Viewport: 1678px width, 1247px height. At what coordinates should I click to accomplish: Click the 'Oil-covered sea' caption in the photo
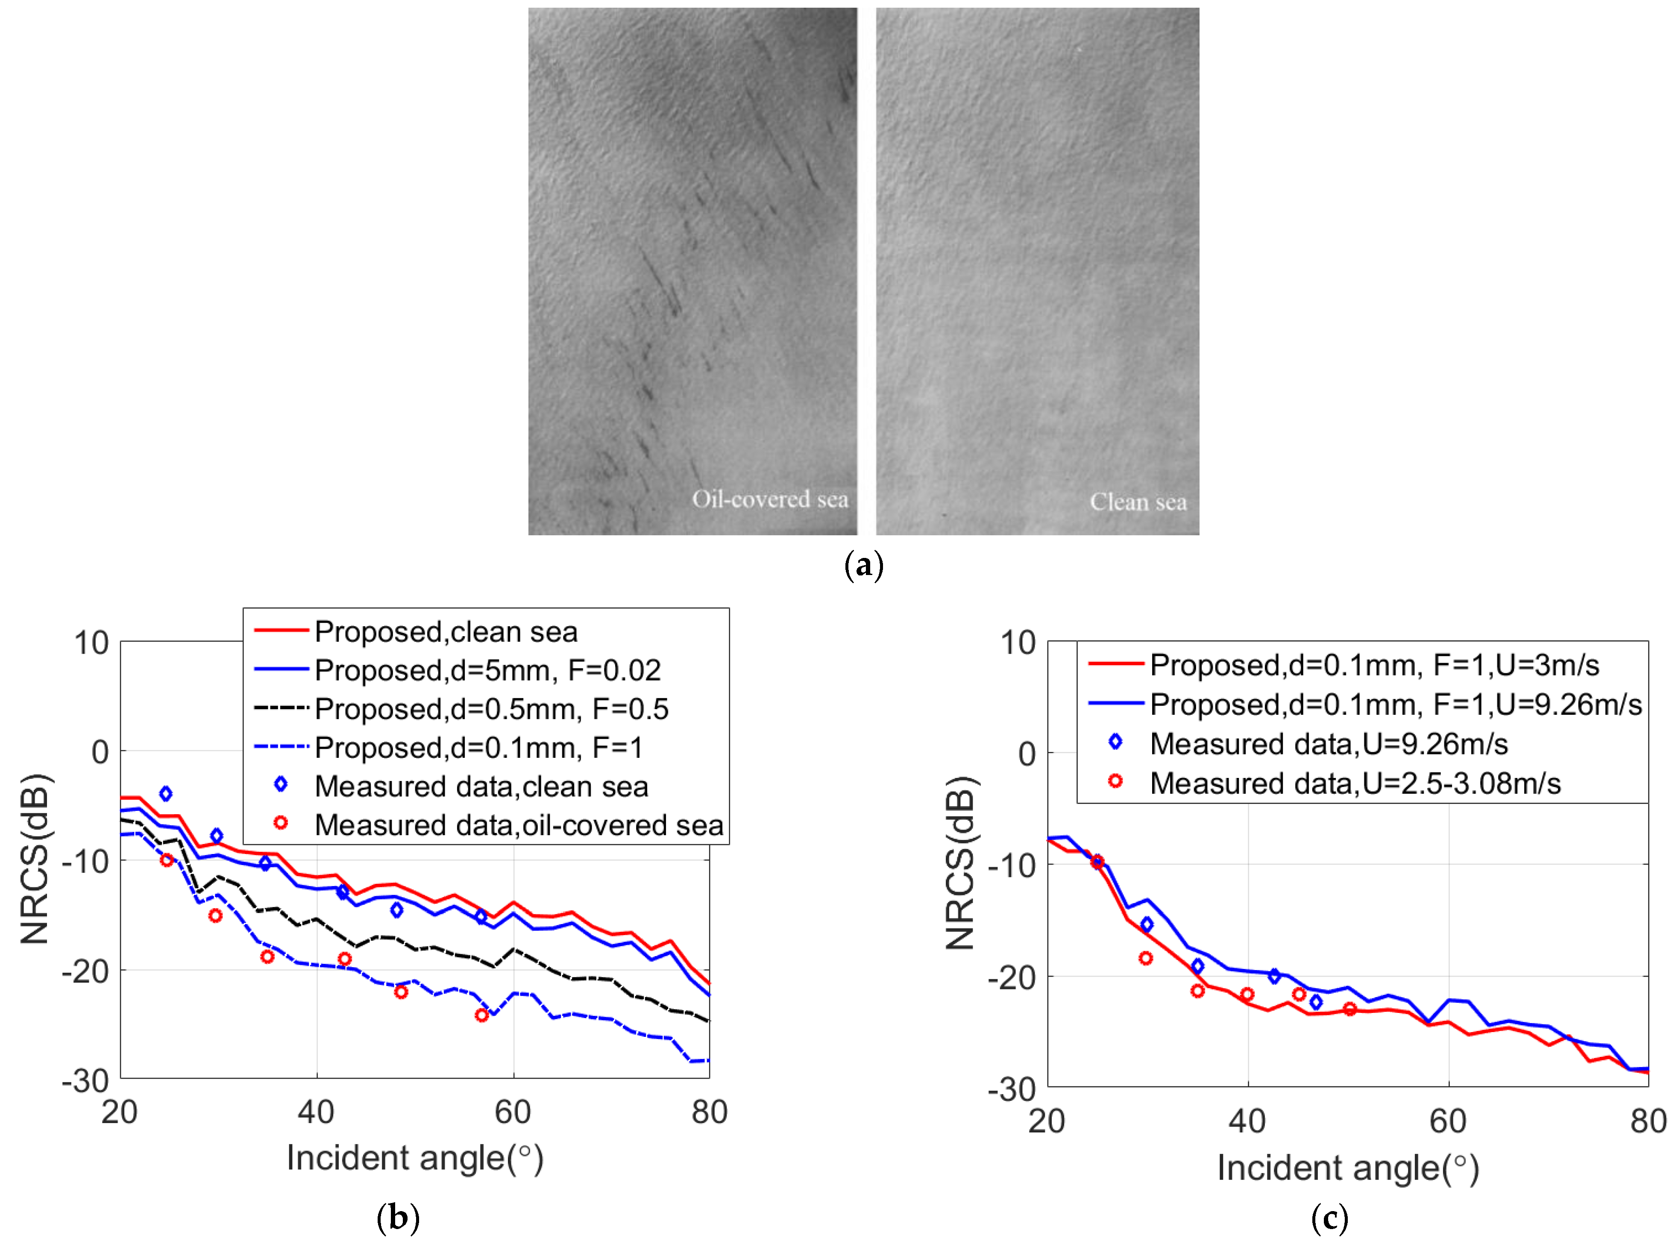point(769,499)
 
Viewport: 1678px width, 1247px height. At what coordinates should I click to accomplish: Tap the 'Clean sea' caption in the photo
point(1138,502)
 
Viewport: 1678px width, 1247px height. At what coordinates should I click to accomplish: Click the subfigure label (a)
point(863,565)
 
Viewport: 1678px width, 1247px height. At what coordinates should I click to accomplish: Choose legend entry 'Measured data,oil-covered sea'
point(519,825)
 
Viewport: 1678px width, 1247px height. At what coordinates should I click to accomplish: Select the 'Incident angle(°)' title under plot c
point(1347,1168)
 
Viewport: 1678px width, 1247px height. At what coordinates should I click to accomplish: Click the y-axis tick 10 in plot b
point(91,643)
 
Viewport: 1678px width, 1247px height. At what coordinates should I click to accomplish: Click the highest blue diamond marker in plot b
point(165,793)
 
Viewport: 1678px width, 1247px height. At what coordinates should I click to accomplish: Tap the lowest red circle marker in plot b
point(481,1015)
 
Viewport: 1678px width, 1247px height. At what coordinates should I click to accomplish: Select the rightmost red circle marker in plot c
point(1349,1009)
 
